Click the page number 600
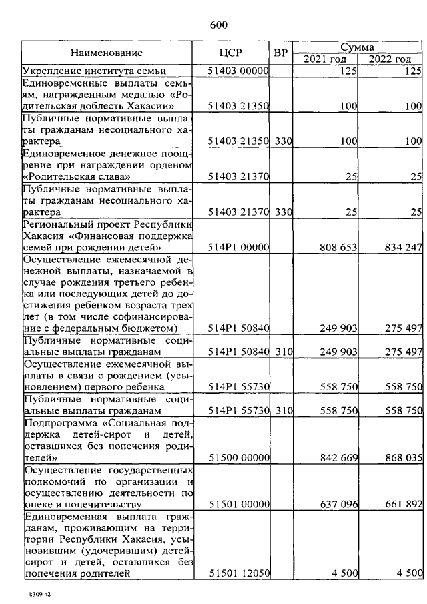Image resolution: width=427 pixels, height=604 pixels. point(219,25)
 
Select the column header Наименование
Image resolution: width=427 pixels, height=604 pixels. point(107,53)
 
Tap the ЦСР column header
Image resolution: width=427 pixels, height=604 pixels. point(230,53)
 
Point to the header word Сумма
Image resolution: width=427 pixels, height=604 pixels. point(358,47)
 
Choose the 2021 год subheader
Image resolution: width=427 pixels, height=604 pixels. point(325,59)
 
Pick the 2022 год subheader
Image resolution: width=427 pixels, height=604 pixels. point(390,59)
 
